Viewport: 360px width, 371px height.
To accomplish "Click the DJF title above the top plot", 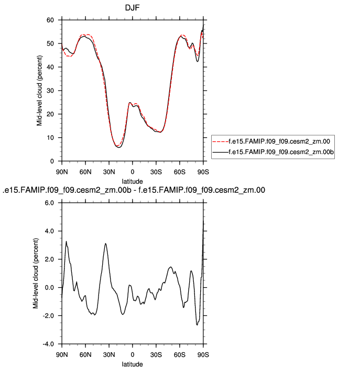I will click(x=132, y=9).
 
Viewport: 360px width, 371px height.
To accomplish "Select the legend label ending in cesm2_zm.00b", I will click(x=281, y=151).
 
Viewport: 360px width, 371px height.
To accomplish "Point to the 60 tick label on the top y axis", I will click(x=51, y=20).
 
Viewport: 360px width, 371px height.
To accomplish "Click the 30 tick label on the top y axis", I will click(x=51, y=91).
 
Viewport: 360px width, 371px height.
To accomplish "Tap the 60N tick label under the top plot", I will click(x=85, y=171).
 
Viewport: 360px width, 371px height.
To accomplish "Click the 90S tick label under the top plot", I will click(x=203, y=171).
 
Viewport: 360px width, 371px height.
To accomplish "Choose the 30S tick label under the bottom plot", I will click(x=156, y=354).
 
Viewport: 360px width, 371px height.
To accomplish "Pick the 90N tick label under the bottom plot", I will click(x=62, y=354).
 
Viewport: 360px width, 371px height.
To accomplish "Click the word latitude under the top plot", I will click(x=132, y=181).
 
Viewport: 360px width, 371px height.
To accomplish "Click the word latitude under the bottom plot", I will click(x=132, y=364).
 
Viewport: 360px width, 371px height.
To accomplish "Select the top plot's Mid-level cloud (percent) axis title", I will click(x=39, y=91).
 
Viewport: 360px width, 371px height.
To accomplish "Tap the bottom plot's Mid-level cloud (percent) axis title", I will click(x=36, y=273).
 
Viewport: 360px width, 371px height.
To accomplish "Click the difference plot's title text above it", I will click(x=134, y=190).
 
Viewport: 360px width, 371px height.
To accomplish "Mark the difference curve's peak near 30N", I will click(x=106, y=243).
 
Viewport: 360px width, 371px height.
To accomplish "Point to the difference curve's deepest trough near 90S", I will click(x=198, y=325).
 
